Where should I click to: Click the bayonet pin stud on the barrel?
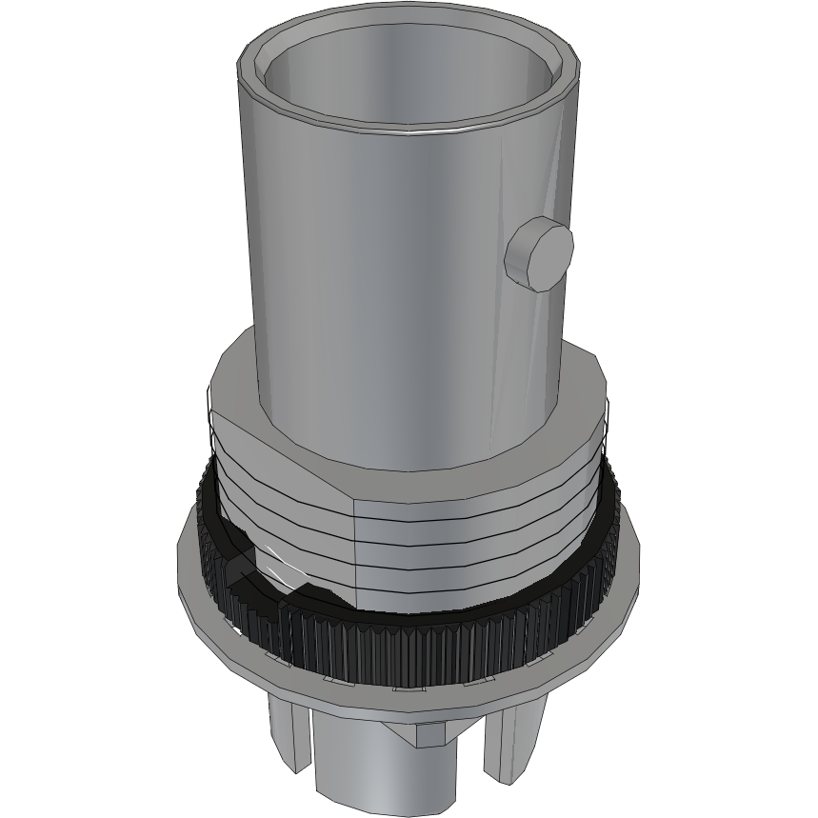click(x=538, y=253)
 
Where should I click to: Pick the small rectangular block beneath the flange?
click(x=433, y=733)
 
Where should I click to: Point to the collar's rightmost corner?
click(x=604, y=400)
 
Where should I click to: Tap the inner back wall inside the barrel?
click(x=409, y=71)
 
